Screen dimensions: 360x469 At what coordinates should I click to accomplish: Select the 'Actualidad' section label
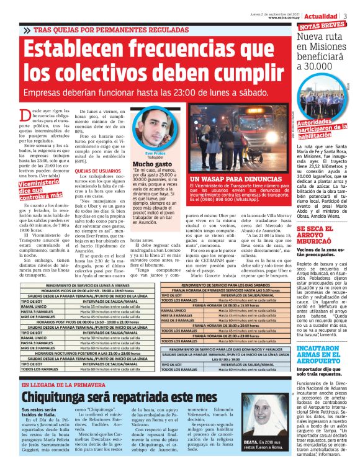pyautogui.click(x=325, y=16)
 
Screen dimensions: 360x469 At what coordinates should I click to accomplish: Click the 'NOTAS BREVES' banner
pyautogui.click(x=322, y=27)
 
